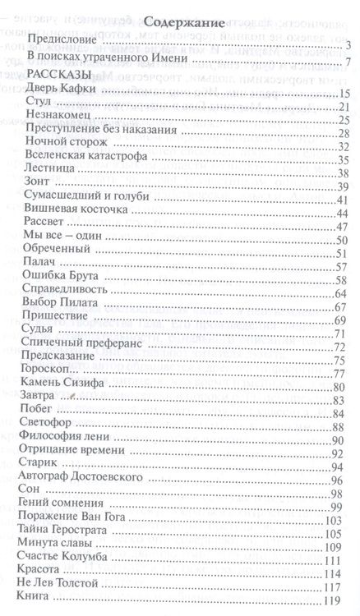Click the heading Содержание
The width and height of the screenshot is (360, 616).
click(180, 25)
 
